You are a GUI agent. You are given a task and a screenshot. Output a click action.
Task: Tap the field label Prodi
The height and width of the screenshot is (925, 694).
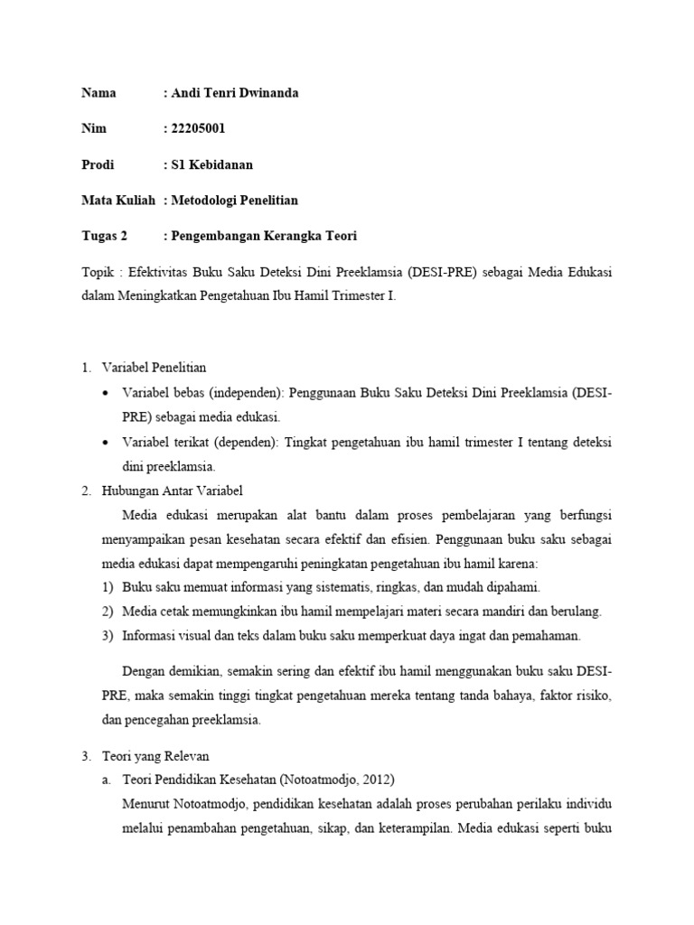(x=98, y=164)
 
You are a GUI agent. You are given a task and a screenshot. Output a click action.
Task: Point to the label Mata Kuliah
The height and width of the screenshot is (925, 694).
(x=118, y=200)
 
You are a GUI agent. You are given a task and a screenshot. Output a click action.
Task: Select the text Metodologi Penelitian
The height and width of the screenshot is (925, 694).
(x=234, y=200)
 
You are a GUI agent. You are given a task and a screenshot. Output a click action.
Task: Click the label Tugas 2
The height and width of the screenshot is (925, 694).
(x=105, y=236)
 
